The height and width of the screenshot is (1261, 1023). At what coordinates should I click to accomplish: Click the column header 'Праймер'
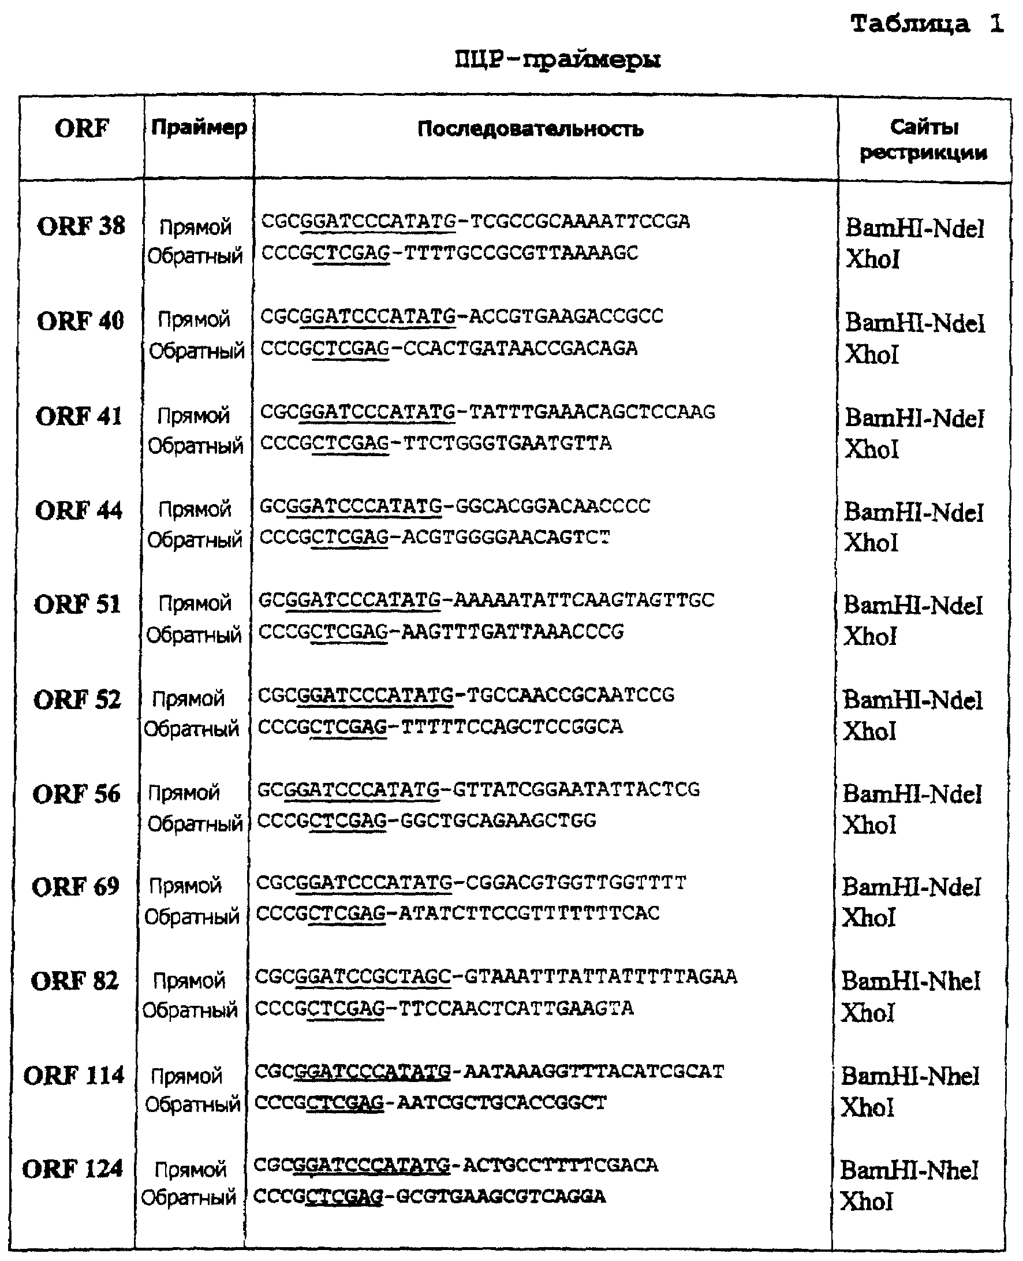click(199, 127)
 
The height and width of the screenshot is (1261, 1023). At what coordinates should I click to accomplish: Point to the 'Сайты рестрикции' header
click(923, 140)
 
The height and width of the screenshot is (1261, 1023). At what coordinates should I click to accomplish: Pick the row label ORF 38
click(81, 226)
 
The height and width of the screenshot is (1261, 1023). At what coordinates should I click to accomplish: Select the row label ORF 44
click(79, 510)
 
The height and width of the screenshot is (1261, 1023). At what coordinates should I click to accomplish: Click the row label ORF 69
click(76, 887)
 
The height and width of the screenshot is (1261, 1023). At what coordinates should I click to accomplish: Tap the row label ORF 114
click(74, 1076)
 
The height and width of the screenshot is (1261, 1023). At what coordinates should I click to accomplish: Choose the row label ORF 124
click(73, 1169)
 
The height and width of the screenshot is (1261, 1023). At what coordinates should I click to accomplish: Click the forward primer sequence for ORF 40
click(462, 316)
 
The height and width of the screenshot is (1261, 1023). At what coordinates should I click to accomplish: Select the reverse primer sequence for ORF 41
click(436, 443)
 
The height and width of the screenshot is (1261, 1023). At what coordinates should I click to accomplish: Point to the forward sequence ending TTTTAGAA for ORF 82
click(495, 976)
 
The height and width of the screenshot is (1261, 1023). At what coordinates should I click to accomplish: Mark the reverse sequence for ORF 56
click(427, 820)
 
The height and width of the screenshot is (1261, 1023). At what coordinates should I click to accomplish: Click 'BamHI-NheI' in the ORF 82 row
click(910, 982)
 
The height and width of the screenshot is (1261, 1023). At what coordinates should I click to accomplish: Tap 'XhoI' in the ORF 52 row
click(870, 732)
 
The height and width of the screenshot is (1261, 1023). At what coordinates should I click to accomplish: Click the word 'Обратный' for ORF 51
click(194, 635)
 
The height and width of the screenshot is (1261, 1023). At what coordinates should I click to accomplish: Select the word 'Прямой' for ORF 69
click(185, 886)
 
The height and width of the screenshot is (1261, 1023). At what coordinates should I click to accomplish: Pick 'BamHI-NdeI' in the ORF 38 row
click(914, 229)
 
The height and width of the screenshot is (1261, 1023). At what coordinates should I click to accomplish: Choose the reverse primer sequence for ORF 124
click(430, 1196)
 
